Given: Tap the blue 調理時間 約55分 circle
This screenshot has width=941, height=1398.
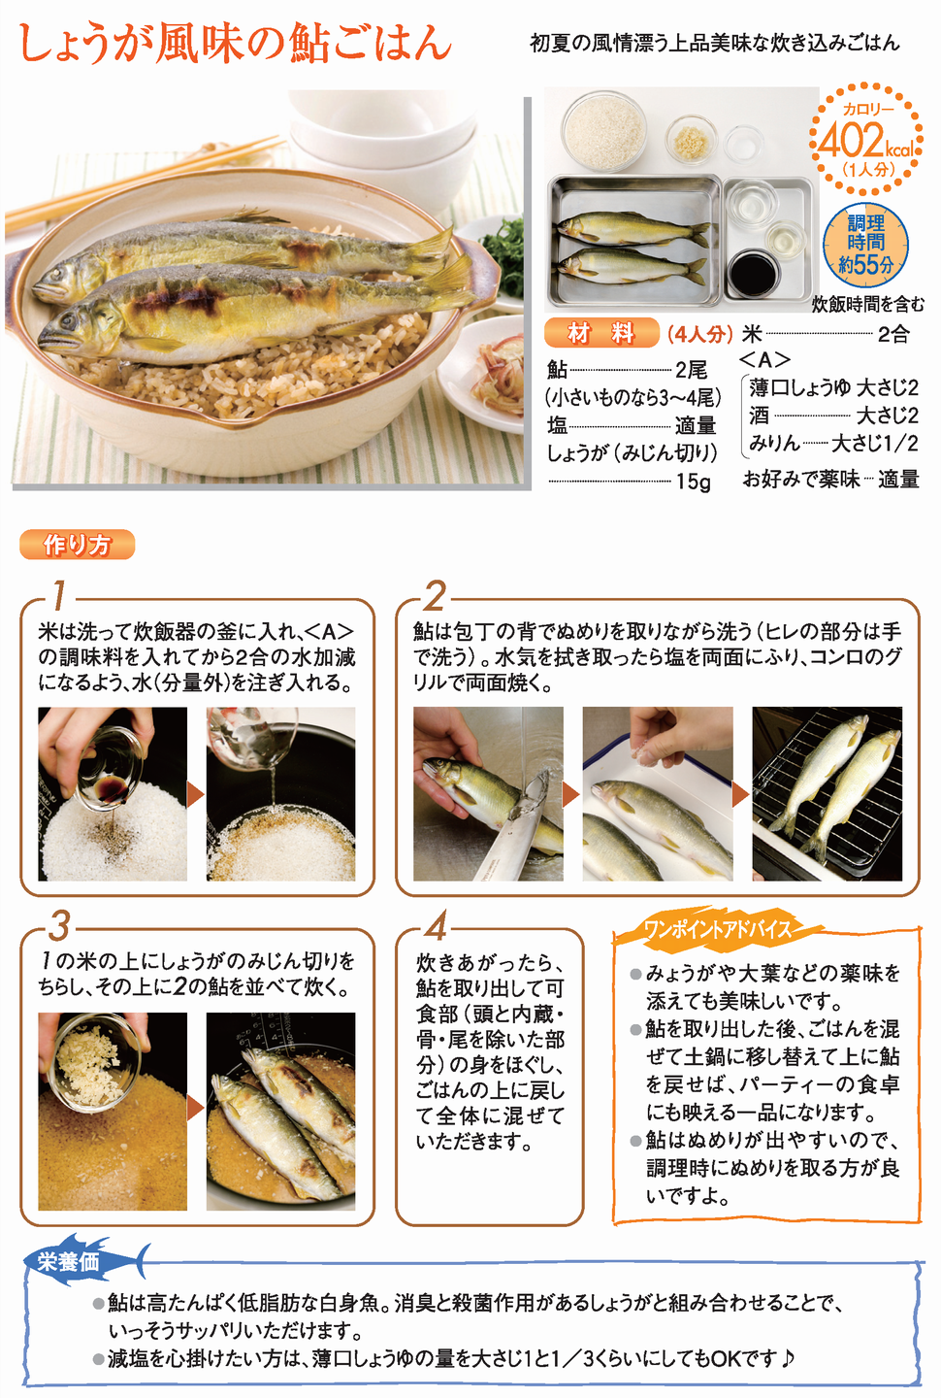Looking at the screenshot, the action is point(865,246).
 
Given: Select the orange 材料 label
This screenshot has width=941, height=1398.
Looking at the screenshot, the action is point(601,333).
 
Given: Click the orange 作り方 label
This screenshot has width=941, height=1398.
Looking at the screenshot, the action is point(78,545).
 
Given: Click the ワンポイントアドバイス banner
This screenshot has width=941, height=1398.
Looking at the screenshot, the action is point(717,930).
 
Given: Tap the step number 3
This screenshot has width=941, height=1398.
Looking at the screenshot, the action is point(59,927).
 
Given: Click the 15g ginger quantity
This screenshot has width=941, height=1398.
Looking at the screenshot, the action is point(694,482).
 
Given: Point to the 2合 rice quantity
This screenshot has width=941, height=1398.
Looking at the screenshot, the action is point(893,335).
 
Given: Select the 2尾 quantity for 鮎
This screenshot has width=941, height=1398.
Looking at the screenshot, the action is point(691,370).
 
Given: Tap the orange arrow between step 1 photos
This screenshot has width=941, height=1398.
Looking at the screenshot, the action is point(196,794).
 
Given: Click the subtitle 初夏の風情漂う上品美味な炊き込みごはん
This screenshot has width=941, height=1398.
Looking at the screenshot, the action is point(715,43).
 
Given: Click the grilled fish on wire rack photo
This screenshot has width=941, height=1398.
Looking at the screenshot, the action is point(827,793).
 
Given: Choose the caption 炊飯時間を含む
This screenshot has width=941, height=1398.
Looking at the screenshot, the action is point(867,304).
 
